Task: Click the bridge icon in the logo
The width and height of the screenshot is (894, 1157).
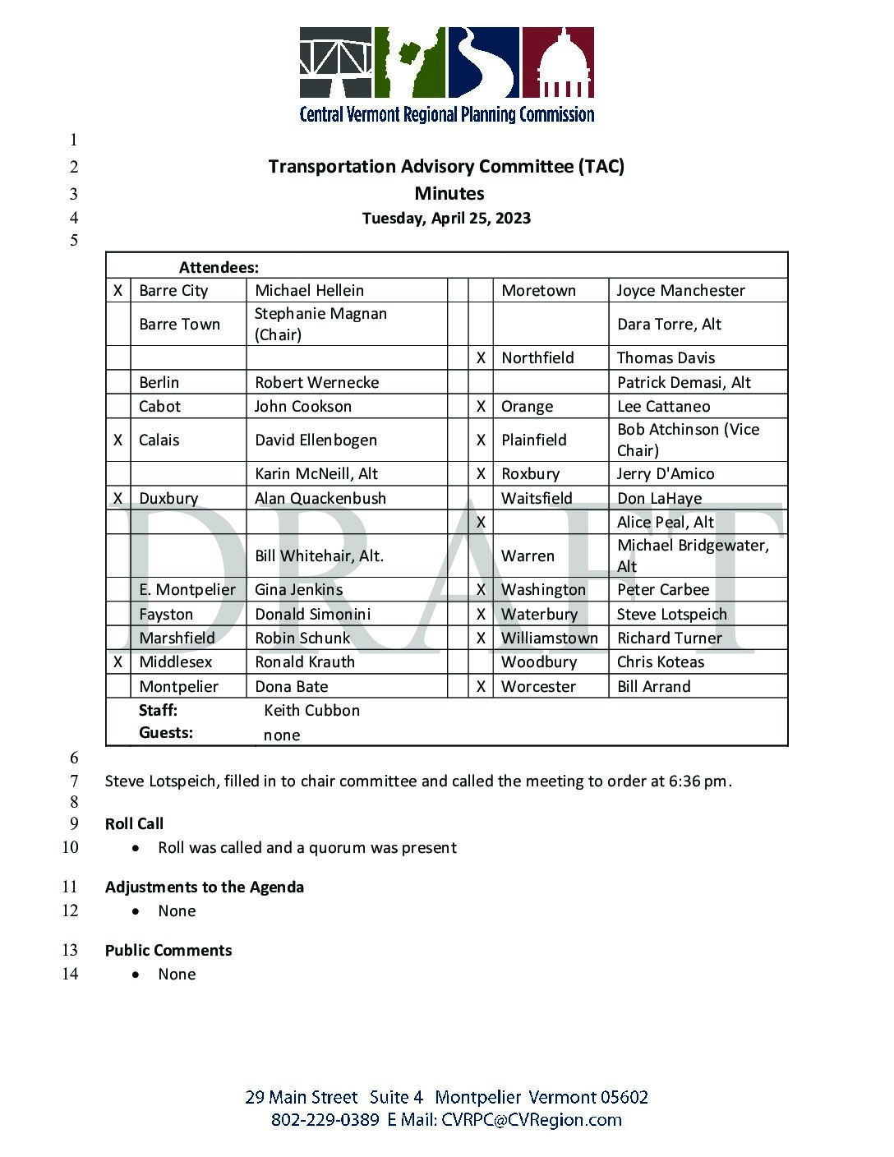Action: (335, 62)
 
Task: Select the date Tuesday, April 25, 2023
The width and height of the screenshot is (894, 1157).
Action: (446, 219)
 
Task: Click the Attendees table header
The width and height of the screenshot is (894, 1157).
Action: (219, 267)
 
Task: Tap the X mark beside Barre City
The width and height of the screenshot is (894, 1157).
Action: (118, 291)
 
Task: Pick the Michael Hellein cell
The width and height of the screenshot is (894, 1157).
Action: (309, 291)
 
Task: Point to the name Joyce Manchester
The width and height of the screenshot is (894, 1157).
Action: (680, 291)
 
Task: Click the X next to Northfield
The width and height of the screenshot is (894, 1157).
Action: (481, 358)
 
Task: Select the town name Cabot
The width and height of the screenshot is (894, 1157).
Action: (159, 407)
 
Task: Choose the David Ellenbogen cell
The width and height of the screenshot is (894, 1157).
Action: (316, 440)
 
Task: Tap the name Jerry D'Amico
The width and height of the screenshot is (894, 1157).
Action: (666, 474)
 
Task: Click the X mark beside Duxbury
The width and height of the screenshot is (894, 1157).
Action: (118, 499)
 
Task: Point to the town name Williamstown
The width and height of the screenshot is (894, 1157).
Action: (550, 638)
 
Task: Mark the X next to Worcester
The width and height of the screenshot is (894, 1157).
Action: (481, 687)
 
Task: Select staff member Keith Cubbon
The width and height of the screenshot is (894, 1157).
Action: (311, 711)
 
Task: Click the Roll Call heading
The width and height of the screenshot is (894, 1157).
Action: (134, 824)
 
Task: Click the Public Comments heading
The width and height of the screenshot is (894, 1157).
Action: (168, 951)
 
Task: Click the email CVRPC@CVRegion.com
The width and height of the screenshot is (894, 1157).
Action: (531, 1120)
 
